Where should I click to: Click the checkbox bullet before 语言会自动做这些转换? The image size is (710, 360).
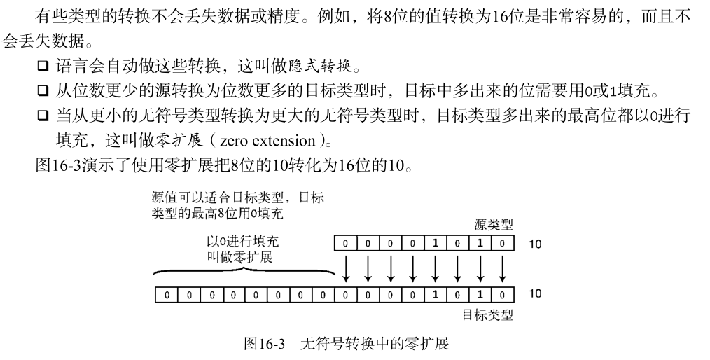[43, 68]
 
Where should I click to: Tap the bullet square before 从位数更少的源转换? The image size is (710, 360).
[43, 91]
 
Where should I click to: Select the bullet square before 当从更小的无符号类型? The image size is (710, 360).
[43, 115]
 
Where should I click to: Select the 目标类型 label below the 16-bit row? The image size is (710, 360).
[487, 314]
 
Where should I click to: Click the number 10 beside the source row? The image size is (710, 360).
[534, 244]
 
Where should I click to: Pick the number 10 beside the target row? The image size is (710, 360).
[534, 293]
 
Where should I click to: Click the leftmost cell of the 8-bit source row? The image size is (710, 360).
[344, 244]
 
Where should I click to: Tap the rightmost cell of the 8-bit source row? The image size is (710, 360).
[503, 244]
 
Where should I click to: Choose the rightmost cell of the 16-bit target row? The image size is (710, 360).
[503, 294]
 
